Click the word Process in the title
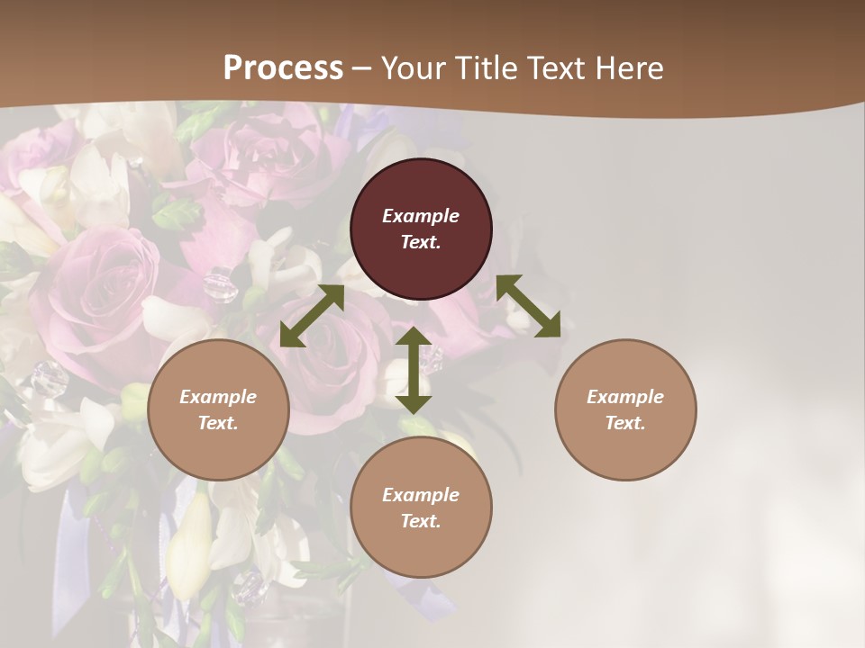coord(283,68)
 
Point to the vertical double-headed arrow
coord(414,370)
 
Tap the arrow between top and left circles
coord(312,316)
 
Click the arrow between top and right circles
coord(528,306)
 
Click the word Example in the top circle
coord(421,216)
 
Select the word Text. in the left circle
coord(218,423)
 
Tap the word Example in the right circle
coord(625,397)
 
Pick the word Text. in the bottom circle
coord(421,521)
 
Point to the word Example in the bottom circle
coord(421,495)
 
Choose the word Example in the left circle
coord(218,397)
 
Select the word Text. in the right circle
coord(625,423)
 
